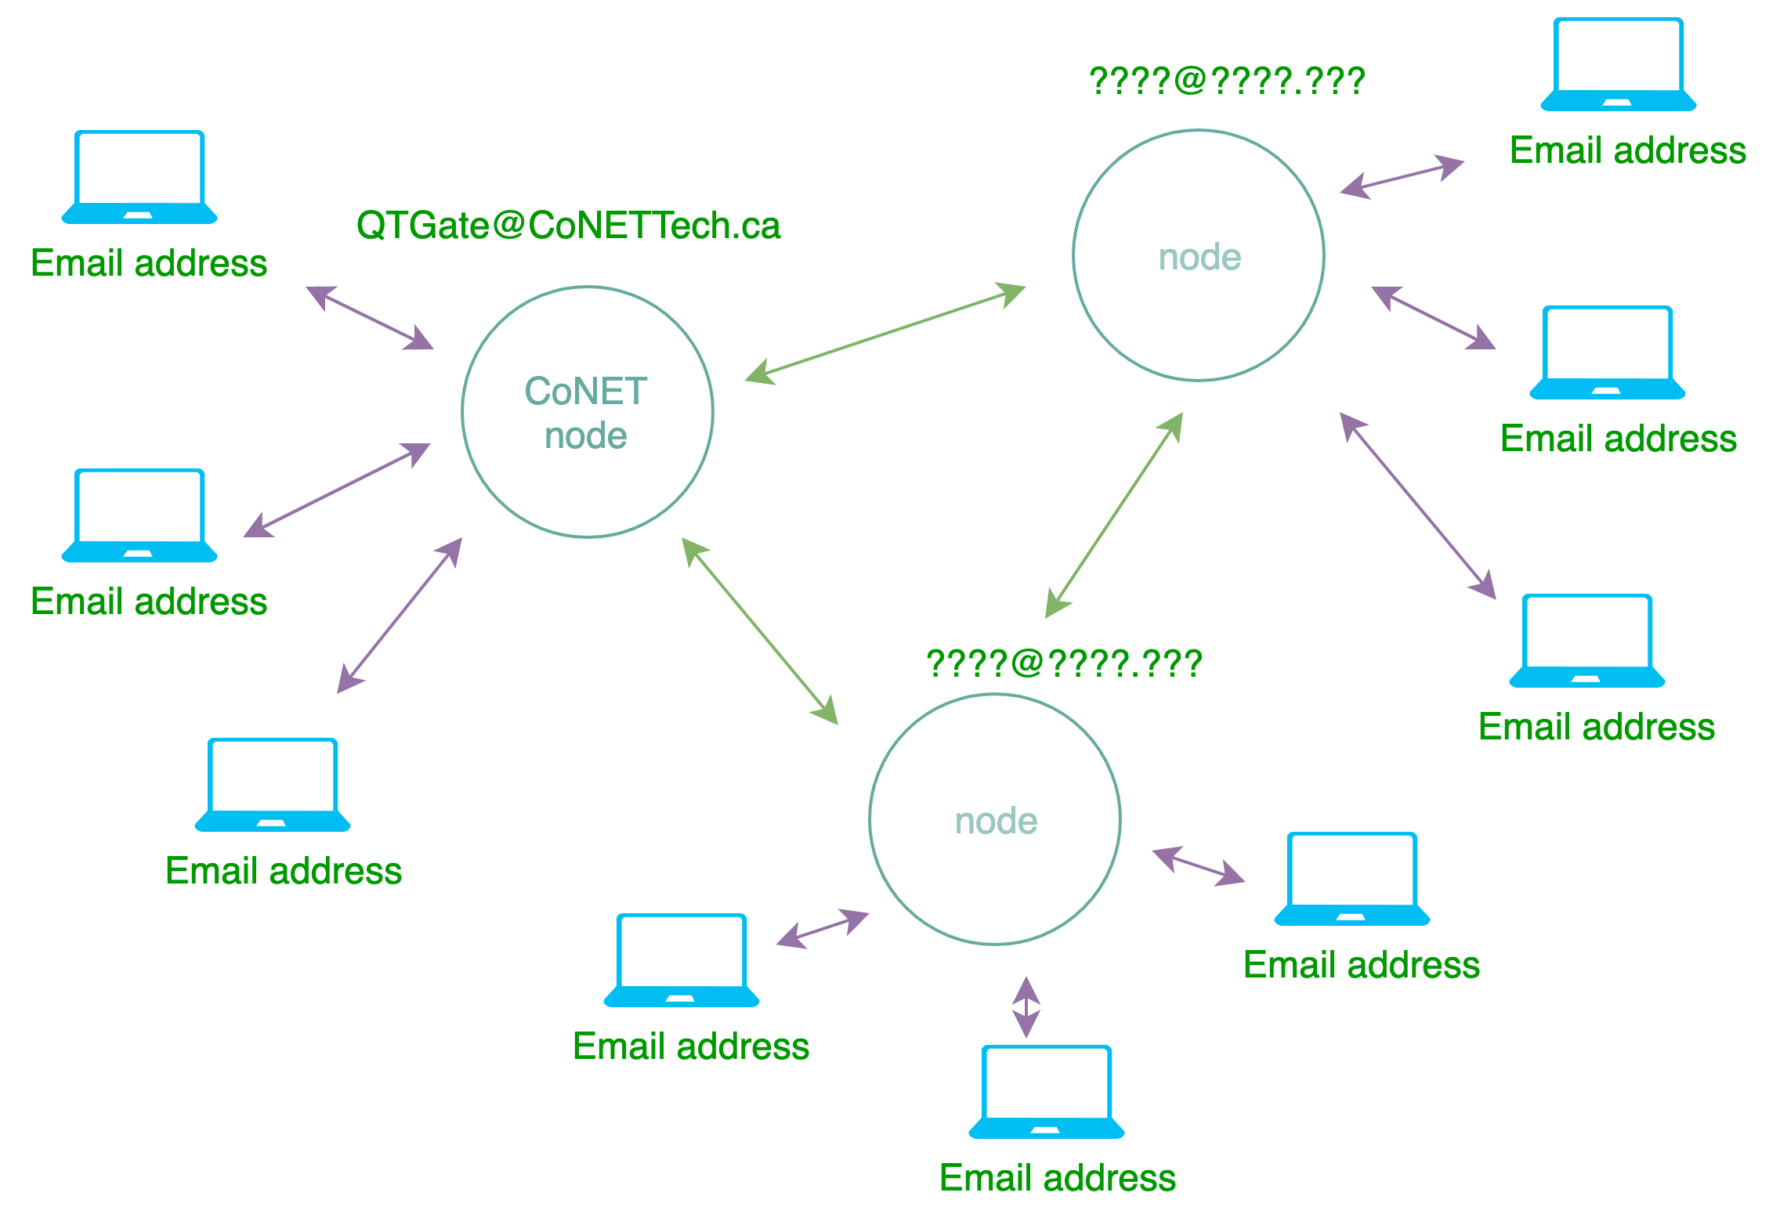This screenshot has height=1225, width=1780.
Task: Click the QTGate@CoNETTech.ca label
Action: pos(568,226)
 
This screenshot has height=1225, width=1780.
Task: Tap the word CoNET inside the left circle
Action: pos(585,391)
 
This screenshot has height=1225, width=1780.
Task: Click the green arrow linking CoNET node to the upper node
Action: pos(885,334)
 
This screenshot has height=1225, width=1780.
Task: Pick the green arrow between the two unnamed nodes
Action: pos(1113,515)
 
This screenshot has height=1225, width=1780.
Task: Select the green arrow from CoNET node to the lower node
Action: pos(759,631)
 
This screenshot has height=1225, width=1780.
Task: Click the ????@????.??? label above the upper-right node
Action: pos(1227,81)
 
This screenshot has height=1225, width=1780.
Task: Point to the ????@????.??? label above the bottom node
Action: pos(1063,663)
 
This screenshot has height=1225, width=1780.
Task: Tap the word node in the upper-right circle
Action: pos(1199,257)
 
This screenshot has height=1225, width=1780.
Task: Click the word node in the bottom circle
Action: pos(996,821)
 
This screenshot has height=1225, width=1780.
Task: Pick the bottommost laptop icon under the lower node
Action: pos(1047,1092)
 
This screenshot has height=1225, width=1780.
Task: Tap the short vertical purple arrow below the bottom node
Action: pos(1026,1006)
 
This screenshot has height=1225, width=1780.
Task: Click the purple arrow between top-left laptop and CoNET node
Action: pos(369,317)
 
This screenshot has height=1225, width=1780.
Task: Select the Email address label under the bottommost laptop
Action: pos(1057,1178)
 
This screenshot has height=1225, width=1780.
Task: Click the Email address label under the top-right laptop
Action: pos(1627,150)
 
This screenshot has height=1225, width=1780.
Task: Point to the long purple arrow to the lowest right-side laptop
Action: pos(1417,505)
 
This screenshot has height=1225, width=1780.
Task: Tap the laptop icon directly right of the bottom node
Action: pos(1352,879)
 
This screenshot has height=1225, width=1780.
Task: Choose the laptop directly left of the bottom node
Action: pos(682,960)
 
